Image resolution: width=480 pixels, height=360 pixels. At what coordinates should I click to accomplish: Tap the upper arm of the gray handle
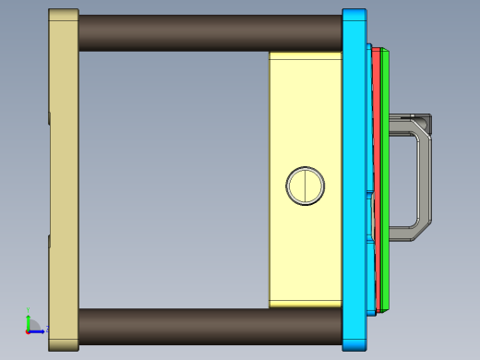pos(406,121)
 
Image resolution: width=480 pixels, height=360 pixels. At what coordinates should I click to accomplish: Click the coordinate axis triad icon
pos(30,325)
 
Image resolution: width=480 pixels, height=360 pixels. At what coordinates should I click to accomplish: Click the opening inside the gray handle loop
pos(406,180)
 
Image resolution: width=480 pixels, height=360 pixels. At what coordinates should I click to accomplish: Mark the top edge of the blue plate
pos(355,11)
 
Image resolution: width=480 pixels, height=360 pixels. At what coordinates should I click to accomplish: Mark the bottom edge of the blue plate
pos(355,349)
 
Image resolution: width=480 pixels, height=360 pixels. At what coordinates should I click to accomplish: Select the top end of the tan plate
pos(64,13)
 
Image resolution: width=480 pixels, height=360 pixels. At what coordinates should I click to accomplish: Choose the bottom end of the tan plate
pos(64,347)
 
